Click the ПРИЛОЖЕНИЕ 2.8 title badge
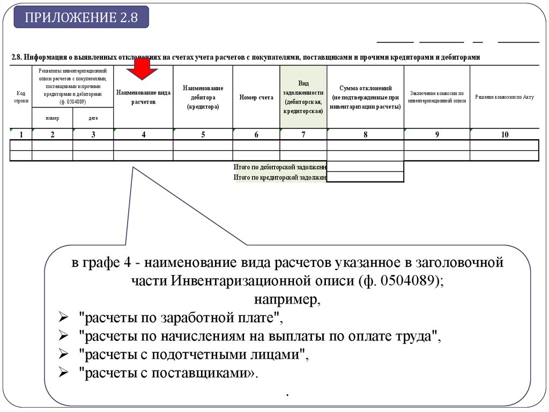[81, 17]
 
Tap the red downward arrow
[142, 69]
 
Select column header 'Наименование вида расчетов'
[143, 97]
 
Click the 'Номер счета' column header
[256, 97]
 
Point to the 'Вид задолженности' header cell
[303, 97]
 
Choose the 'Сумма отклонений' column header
[365, 97]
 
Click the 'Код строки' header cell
[21, 97]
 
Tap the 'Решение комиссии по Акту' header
[505, 97]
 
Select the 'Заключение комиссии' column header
[437, 97]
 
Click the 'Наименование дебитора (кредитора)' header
[203, 97]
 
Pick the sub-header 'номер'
[53, 118]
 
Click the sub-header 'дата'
[93, 118]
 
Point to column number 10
[505, 135]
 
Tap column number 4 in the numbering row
[143, 135]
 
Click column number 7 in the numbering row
[303, 135]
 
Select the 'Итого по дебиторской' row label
[280, 167]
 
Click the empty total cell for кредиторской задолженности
[365, 177]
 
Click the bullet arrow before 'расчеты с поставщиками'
[63, 374]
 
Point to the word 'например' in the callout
[287, 299]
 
